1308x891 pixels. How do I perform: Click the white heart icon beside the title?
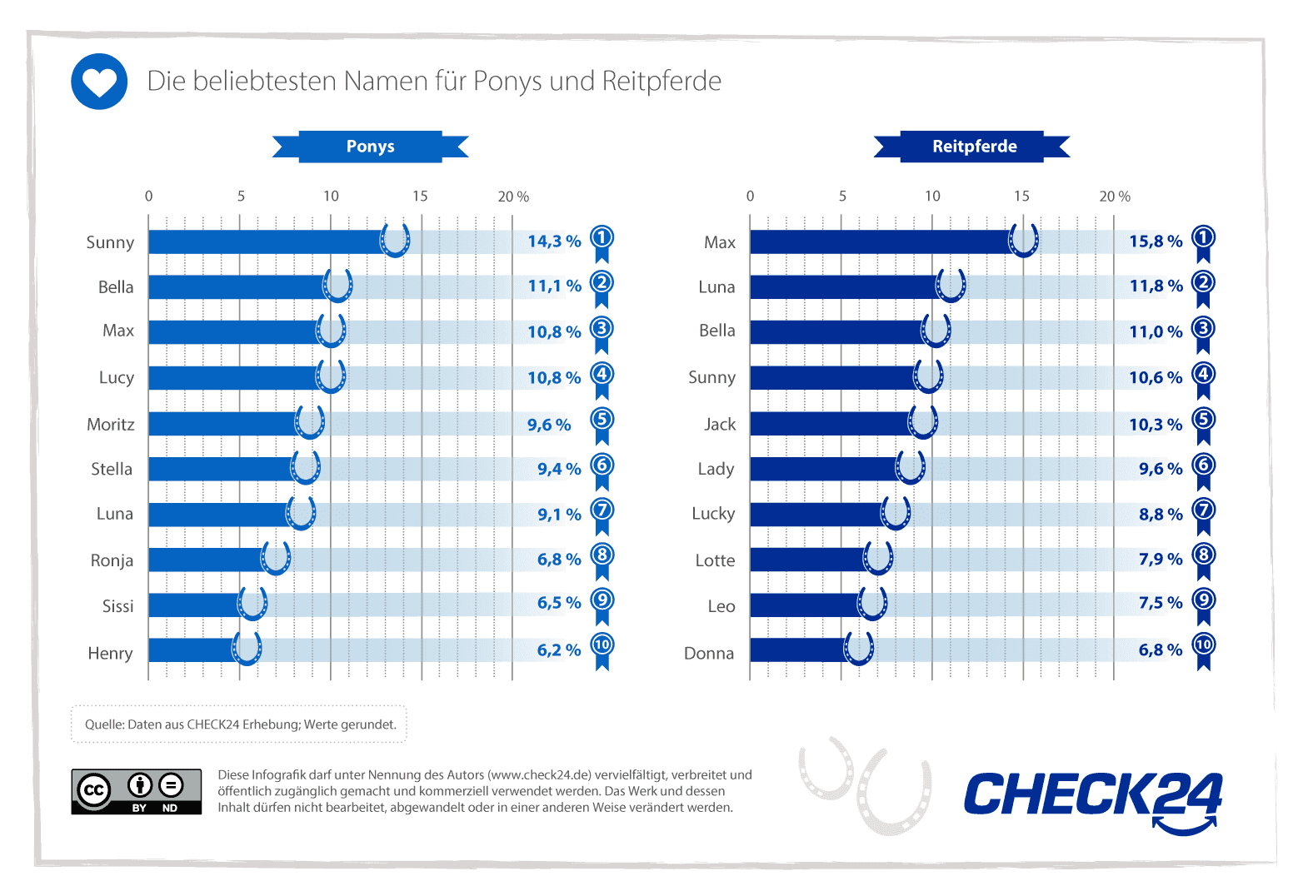pyautogui.click(x=99, y=82)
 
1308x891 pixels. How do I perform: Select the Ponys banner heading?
pyautogui.click(x=371, y=147)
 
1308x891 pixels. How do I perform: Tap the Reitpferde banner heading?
pyautogui.click(x=974, y=147)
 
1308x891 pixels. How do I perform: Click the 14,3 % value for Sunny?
pyautogui.click(x=554, y=241)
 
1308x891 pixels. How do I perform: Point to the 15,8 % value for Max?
pyautogui.click(x=1156, y=241)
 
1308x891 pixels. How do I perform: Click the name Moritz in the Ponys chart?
pyautogui.click(x=111, y=425)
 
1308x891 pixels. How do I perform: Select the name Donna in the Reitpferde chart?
pyautogui.click(x=709, y=654)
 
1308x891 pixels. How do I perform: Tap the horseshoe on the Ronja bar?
pyautogui.click(x=276, y=558)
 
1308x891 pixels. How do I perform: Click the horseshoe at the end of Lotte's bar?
pyautogui.click(x=878, y=558)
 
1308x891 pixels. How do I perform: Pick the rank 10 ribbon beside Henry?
pyautogui.click(x=602, y=649)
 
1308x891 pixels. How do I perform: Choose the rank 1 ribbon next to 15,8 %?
pyautogui.click(x=1203, y=241)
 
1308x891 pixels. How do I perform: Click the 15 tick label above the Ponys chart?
pyautogui.click(x=420, y=197)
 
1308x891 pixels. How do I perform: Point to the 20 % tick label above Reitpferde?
pyautogui.click(x=1114, y=197)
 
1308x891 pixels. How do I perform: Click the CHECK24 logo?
pyautogui.click(x=1092, y=798)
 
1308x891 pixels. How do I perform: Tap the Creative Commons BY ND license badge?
pyautogui.click(x=137, y=791)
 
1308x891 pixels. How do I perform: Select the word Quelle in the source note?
pyautogui.click(x=104, y=724)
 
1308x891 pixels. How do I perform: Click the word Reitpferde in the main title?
pyautogui.click(x=661, y=82)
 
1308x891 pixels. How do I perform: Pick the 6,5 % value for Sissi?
pyautogui.click(x=558, y=603)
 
